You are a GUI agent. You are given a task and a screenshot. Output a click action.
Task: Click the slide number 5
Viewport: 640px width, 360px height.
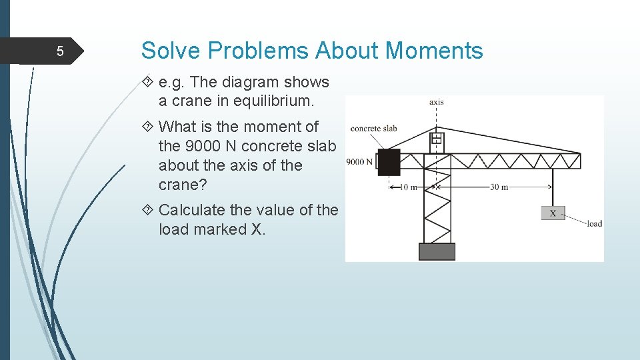point(59,52)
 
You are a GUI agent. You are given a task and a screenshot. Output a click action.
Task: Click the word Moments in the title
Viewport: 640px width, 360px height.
point(434,51)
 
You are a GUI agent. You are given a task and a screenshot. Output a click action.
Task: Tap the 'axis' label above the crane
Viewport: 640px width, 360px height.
point(437,102)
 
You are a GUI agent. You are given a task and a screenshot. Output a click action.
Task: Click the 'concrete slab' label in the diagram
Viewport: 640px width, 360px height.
point(373,128)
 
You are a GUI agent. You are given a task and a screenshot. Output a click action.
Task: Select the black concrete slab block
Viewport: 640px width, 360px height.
point(389,162)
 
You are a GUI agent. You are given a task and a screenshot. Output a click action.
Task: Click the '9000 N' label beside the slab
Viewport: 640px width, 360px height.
point(359,162)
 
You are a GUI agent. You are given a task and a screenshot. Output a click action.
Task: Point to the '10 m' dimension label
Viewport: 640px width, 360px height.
point(408,187)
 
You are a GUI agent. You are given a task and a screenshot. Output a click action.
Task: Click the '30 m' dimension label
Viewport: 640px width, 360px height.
point(499,187)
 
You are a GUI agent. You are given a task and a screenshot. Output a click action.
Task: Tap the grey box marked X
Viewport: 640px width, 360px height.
point(553,213)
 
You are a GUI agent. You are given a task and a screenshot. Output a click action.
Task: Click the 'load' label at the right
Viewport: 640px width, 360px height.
point(594,223)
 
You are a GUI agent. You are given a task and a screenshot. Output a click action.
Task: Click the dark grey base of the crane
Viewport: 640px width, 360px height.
point(437,251)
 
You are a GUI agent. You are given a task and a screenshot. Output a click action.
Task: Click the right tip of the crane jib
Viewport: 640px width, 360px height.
point(579,160)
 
